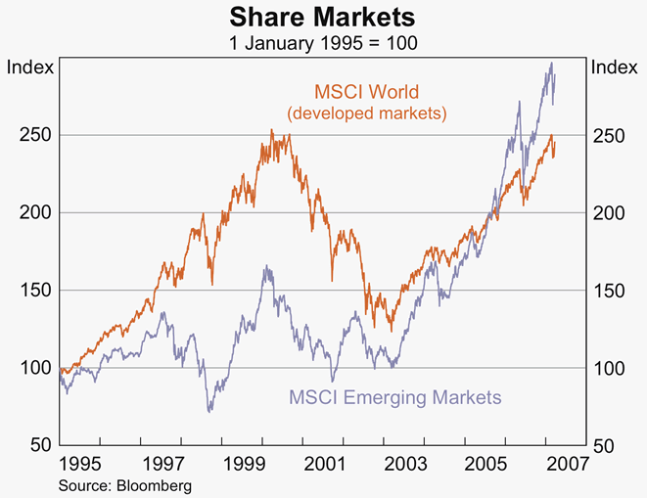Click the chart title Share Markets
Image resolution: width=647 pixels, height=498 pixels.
(323, 17)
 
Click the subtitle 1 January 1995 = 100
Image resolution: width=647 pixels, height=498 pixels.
(323, 44)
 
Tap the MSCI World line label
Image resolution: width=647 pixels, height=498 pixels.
(366, 93)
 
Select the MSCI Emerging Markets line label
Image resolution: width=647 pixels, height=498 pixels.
(394, 397)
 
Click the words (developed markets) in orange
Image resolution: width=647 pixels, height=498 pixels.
(366, 113)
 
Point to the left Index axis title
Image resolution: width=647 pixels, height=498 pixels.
(27, 68)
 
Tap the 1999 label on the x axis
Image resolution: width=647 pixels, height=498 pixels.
(244, 463)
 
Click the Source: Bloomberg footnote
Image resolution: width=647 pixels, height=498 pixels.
(124, 483)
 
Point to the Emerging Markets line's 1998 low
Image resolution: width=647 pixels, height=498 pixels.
(209, 411)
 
